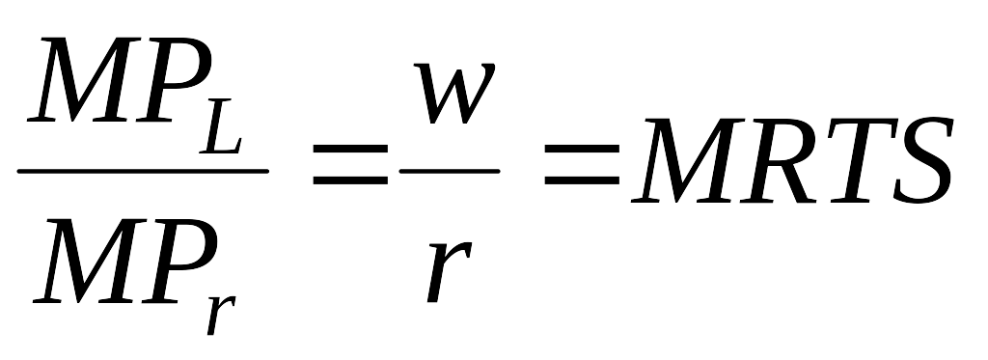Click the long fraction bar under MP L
click(143, 171)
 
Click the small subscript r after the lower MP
click(221, 314)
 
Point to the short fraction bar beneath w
click(450, 171)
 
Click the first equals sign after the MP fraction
click(350, 164)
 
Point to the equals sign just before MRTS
click(582, 164)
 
